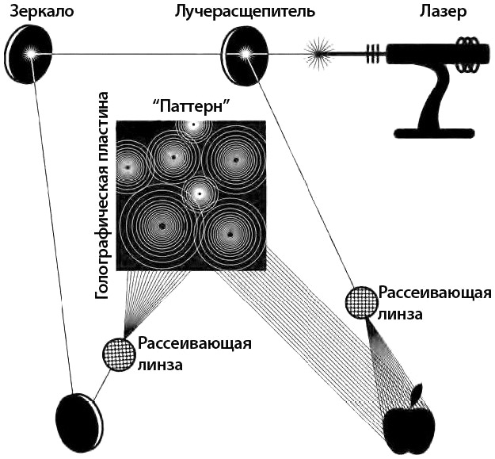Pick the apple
pyautogui.click(x=409, y=428)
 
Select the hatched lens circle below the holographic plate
pyautogui.click(x=118, y=354)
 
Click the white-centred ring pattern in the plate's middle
pyautogui.click(x=200, y=193)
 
